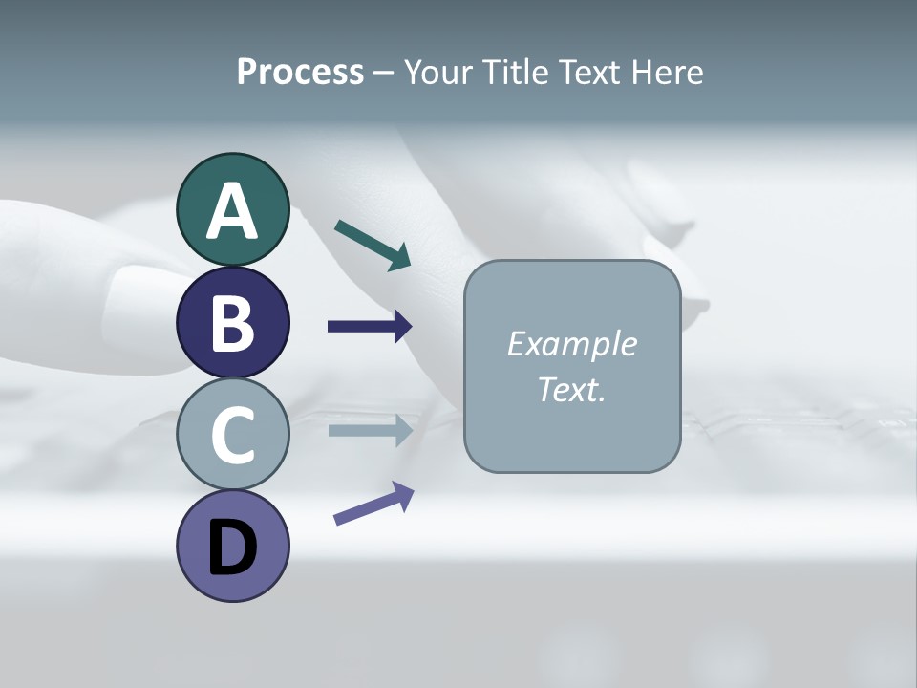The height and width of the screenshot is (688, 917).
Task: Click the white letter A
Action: click(x=232, y=211)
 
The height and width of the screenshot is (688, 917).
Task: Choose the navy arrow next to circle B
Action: click(x=370, y=327)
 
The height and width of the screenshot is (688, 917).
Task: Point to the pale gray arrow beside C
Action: click(x=370, y=430)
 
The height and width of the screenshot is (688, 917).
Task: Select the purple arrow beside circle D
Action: click(x=373, y=504)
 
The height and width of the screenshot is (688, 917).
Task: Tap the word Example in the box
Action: click(x=572, y=344)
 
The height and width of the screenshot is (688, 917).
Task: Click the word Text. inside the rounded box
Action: click(x=572, y=389)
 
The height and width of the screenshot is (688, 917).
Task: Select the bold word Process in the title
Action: click(x=300, y=73)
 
